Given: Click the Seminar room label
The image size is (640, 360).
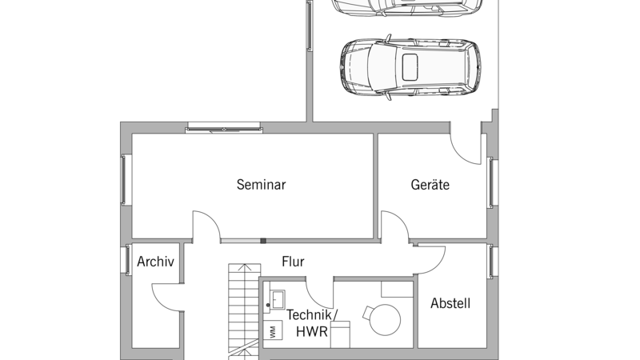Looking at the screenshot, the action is (x=262, y=185).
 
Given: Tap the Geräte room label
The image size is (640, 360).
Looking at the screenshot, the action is (x=430, y=185).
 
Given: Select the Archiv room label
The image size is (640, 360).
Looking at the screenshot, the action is (x=155, y=262).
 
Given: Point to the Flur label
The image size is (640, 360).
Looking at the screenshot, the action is (x=293, y=262).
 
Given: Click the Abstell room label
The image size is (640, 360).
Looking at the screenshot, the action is (x=450, y=303).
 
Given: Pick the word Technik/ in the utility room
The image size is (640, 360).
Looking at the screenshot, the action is (x=312, y=315).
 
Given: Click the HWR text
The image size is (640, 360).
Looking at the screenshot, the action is (x=312, y=331).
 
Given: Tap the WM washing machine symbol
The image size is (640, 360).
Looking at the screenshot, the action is (x=273, y=330).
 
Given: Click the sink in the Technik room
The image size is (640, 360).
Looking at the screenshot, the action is (x=278, y=299).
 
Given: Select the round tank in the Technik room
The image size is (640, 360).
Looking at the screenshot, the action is (x=385, y=319).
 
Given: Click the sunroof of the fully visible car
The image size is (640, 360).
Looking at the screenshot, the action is (x=410, y=67).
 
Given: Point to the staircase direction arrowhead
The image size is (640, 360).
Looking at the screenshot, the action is (x=244, y=267).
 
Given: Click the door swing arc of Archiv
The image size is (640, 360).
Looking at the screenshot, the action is (x=157, y=300).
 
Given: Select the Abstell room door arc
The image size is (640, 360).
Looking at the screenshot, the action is (x=438, y=265).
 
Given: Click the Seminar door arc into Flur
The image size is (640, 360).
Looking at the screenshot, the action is (x=211, y=218).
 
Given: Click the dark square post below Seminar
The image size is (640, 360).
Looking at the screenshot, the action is (x=263, y=241).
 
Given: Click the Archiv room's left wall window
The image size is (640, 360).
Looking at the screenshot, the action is (x=128, y=259).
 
